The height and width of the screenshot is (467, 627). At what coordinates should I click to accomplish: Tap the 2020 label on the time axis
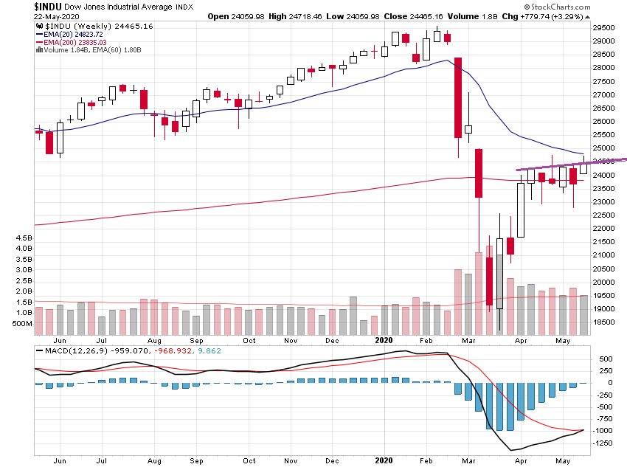click(384, 340)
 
